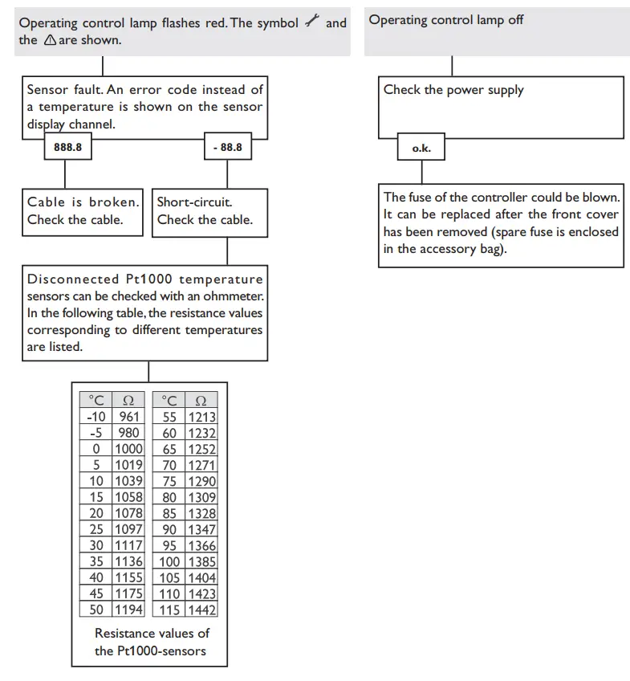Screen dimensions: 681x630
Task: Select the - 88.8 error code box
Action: click(227, 149)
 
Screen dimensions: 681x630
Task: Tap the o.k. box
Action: click(421, 149)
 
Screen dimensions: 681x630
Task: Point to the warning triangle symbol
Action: click(50, 40)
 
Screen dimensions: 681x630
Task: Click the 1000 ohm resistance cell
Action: click(128, 449)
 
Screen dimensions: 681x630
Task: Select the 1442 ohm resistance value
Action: click(201, 610)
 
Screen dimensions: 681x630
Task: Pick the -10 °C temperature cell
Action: click(95, 417)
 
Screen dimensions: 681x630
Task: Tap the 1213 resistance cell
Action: click(201, 417)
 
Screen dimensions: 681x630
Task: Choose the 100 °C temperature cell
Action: click(169, 561)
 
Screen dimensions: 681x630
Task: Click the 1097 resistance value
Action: click(128, 529)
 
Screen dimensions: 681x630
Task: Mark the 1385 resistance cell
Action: click(201, 561)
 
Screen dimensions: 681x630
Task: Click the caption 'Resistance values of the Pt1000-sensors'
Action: click(151, 642)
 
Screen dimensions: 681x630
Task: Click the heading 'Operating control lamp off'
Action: click(446, 20)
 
